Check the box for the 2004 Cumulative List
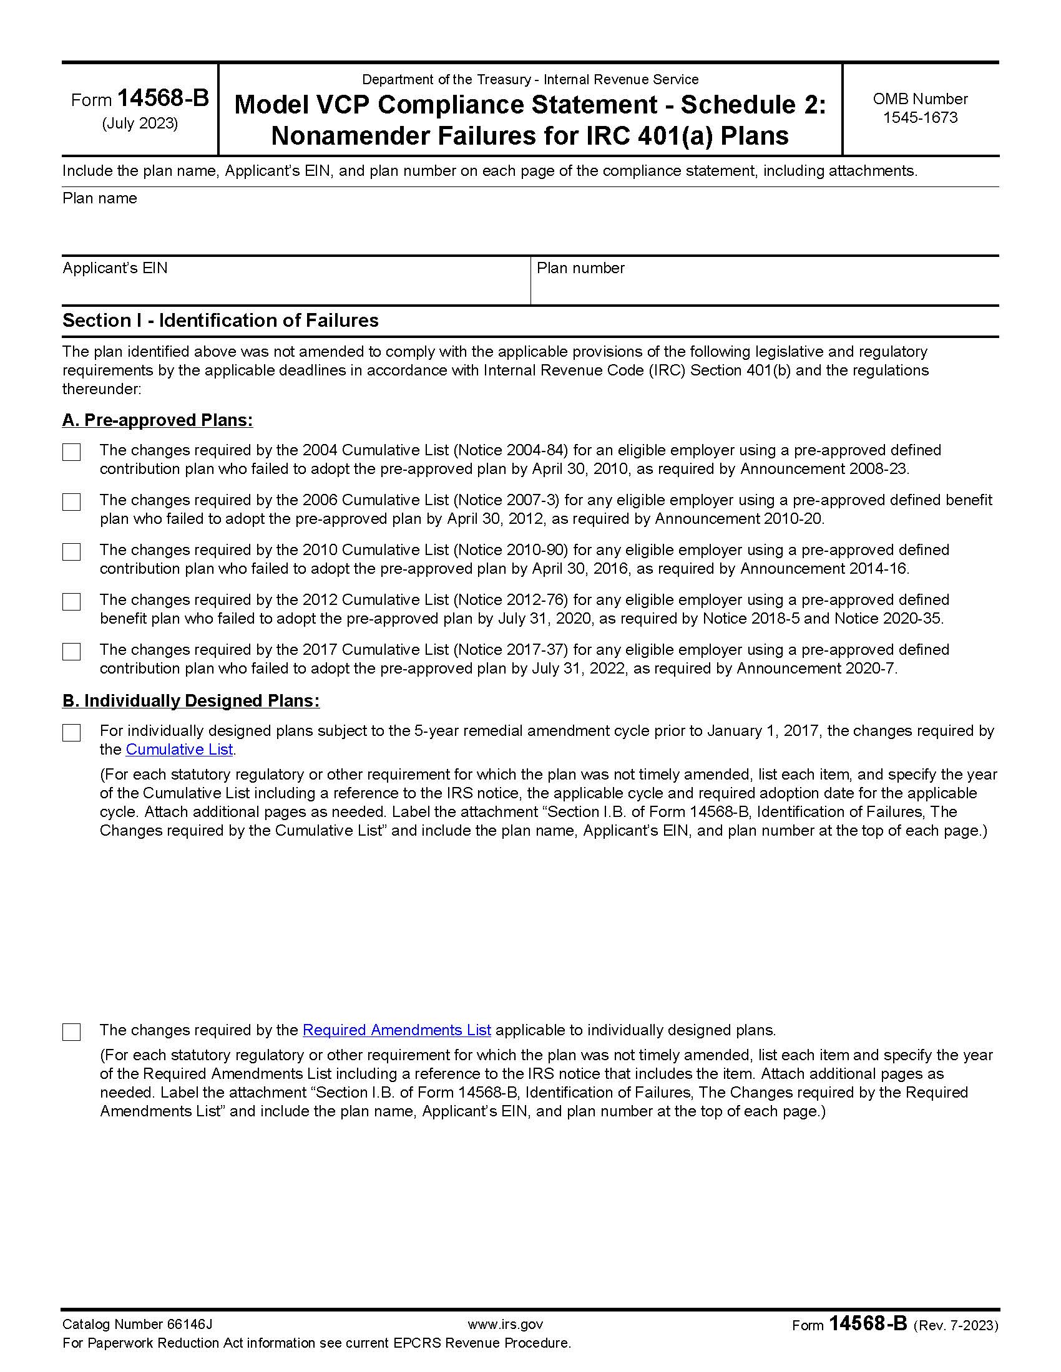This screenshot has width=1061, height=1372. pos(72,452)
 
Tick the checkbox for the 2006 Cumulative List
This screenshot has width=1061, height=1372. pos(72,502)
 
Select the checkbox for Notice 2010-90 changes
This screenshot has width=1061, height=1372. pos(72,551)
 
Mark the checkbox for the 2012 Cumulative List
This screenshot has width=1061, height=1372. pos(72,602)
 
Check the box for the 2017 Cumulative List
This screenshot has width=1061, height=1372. pos(72,652)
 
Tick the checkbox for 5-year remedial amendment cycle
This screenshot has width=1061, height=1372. pos(72,733)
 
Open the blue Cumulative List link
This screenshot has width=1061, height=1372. pos(179,750)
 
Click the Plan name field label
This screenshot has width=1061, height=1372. pos(99,198)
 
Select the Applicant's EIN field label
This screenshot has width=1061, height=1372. pos(115,268)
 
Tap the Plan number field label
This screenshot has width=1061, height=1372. pos(580,268)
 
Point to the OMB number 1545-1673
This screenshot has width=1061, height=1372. pos(919,117)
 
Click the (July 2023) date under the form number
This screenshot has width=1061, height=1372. pos(140,123)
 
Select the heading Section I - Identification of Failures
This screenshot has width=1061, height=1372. pos(220,321)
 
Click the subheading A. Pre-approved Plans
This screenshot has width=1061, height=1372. pos(157,420)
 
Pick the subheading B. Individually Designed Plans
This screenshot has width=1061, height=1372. pos(190,700)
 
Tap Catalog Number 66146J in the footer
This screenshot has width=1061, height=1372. pos(137,1324)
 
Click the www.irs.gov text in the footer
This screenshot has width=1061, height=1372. pos(505,1324)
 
